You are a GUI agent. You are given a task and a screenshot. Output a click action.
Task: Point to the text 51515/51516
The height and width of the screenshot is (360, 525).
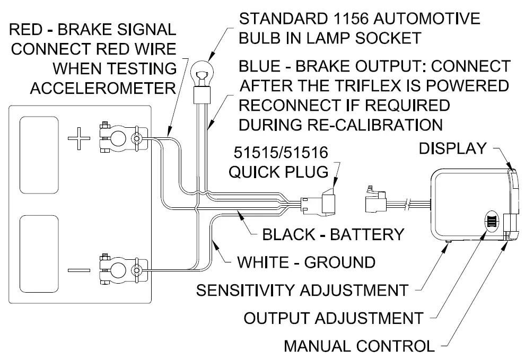coord(281,154)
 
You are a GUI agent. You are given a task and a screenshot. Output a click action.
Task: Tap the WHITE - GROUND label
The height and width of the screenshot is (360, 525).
coord(305,262)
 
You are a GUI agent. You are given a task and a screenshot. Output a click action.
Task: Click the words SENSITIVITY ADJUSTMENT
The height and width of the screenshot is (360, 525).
coord(302,290)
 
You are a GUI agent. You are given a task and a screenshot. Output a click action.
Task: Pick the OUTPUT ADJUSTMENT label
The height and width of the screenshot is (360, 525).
coord(333,318)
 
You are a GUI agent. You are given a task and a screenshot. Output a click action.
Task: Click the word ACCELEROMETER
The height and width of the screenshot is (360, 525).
coord(103,87)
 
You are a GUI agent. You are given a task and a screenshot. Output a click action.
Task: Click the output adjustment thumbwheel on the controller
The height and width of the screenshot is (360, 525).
coord(491,221)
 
